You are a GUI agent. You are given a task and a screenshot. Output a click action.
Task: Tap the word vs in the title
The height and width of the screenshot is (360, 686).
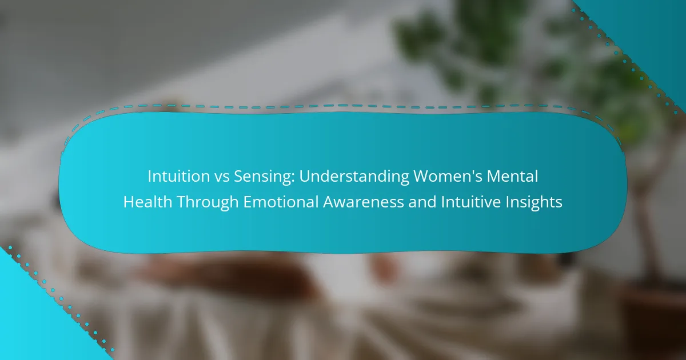(x=222, y=177)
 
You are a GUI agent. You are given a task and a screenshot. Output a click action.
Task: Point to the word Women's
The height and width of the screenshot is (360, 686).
(x=448, y=177)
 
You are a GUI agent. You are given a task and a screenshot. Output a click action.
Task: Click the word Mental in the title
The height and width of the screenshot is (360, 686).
(x=512, y=177)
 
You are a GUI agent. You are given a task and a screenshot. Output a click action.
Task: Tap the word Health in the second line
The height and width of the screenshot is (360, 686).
(x=147, y=202)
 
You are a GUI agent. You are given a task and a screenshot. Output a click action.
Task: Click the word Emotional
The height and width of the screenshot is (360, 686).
(x=281, y=202)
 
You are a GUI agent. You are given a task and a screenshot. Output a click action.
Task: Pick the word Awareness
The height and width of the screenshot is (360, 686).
(x=364, y=202)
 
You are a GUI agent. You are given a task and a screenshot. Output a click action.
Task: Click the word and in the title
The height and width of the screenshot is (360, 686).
(x=422, y=202)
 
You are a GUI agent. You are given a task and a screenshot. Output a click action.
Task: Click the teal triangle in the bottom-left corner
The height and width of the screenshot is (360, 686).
(x=34, y=325)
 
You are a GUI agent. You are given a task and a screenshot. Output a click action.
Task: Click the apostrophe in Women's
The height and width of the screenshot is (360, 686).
(x=468, y=172)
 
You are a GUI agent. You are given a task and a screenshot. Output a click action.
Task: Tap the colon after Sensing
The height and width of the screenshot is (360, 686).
(x=293, y=179)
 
